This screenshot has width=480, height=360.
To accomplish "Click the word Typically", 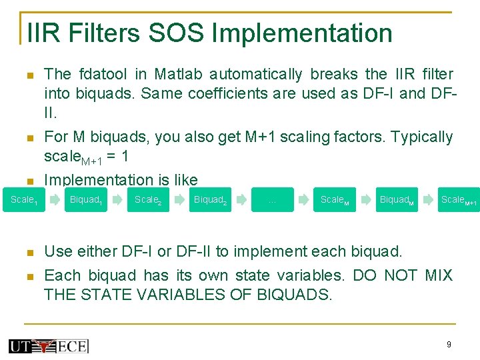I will [421, 137].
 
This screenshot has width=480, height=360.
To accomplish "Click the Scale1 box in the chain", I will [23, 200].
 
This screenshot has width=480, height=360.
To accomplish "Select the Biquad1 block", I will [85, 200].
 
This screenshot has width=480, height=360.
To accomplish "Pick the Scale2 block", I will [147, 200].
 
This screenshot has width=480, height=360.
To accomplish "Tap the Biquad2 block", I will [210, 200].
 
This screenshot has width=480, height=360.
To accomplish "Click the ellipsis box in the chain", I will [272, 200].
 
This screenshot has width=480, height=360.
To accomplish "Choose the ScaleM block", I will [334, 200].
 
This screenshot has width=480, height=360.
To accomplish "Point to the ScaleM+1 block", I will [459, 200].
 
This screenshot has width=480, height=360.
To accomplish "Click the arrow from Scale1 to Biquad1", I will [55, 199].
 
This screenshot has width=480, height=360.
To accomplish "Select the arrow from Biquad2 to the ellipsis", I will [241, 199].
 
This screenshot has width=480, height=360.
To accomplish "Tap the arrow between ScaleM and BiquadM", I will [365, 199].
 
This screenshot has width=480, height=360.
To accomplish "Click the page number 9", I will [449, 345].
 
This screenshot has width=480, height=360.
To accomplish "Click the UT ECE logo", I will [48, 346].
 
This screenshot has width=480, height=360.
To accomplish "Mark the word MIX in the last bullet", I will [437, 275].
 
